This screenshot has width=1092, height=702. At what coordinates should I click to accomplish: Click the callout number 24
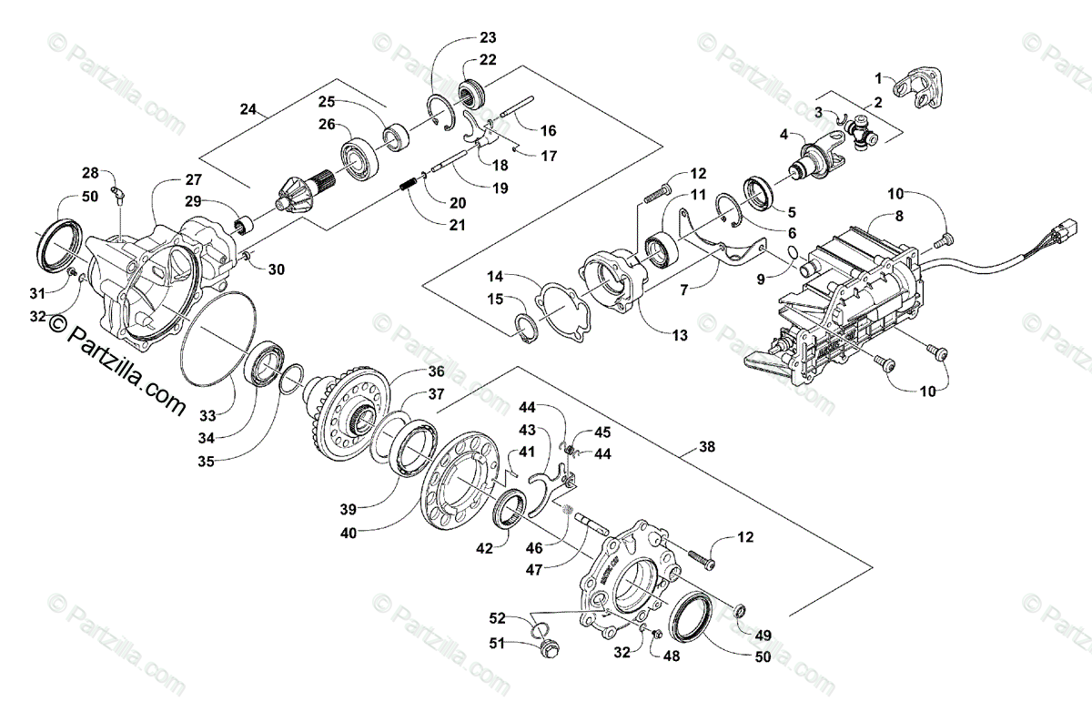pos(248,109)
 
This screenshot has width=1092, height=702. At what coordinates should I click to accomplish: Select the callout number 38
pos(707,447)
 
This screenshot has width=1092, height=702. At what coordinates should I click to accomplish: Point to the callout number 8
pos(900,216)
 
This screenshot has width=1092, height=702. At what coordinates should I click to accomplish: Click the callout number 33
pos(208,415)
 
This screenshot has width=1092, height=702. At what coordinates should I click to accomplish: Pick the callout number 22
pos(489,60)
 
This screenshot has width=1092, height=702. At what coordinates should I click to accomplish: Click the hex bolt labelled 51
pos(551,648)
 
